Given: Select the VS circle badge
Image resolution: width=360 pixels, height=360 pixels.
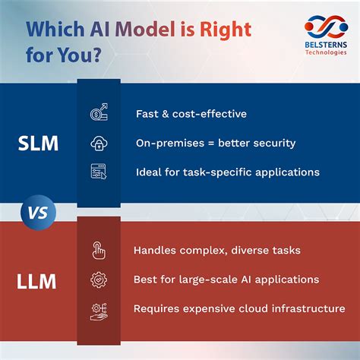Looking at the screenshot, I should click(x=39, y=213).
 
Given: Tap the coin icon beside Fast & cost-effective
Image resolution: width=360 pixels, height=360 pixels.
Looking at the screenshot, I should click(x=99, y=114).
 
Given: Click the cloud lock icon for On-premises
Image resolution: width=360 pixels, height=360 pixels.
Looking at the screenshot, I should click(x=99, y=143).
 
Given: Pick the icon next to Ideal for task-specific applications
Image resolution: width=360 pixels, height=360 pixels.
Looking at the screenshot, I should click(x=99, y=171).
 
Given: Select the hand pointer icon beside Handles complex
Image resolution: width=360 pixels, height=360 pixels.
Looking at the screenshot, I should click(x=99, y=250).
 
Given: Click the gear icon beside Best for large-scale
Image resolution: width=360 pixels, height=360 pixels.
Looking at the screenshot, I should click(x=99, y=279).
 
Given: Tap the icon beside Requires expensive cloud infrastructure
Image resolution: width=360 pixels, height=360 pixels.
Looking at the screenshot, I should click(x=99, y=308).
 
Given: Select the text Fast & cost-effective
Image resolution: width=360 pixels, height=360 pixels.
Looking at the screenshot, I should click(x=191, y=114).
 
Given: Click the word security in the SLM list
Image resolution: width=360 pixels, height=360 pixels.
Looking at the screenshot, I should click(x=272, y=143).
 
